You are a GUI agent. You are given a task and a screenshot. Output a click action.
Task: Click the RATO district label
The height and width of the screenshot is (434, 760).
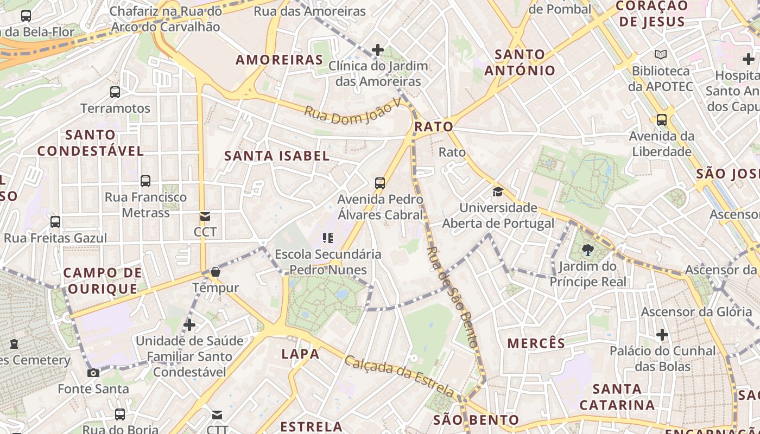[433, 127]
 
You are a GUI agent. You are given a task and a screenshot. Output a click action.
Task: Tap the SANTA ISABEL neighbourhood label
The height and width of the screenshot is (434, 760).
[277, 156]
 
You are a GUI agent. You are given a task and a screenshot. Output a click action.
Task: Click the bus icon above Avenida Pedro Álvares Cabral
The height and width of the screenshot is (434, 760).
[380, 183]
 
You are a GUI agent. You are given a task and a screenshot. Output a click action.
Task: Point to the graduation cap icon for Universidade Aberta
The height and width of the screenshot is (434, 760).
[498, 192]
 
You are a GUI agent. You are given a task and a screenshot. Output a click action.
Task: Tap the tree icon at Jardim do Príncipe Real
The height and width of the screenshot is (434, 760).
[587, 250]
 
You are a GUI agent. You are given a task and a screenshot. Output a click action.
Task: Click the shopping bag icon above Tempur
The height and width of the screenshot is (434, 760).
[216, 271]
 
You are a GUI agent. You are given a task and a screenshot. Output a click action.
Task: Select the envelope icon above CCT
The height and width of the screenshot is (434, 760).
[205, 216]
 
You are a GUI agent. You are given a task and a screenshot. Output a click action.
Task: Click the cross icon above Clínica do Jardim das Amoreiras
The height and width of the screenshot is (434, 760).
[378, 50]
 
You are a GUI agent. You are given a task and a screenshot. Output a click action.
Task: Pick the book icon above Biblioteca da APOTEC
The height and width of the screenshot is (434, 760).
[661, 55]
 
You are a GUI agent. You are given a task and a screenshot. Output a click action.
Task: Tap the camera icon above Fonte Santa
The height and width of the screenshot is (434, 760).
[93, 373]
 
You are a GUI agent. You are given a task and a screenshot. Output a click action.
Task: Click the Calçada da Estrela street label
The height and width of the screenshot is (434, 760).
[400, 376]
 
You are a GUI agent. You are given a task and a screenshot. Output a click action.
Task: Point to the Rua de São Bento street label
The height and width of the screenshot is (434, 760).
[452, 296]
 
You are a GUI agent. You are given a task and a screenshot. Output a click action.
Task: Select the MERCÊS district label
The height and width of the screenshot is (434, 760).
[536, 343]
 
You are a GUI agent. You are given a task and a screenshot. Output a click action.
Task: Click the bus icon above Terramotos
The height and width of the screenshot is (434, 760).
[115, 92]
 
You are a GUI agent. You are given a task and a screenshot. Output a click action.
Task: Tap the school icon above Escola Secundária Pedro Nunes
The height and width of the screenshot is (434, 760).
[327, 238]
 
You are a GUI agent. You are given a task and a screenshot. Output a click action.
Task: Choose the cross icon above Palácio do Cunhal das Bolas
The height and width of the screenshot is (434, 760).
[662, 335]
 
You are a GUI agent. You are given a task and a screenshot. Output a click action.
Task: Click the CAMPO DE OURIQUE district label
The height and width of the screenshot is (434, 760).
[103, 280]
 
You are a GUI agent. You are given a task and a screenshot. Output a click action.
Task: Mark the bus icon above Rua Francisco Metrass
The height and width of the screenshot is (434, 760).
[145, 181]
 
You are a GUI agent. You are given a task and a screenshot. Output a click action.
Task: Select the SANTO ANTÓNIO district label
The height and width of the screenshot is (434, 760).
[520, 62]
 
